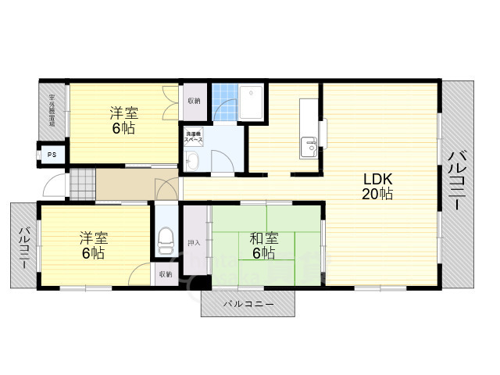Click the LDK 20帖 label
[x=377, y=185]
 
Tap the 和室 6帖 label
[x=262, y=245]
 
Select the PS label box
[x=52, y=155]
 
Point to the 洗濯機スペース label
[x=194, y=138]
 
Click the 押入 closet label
[x=194, y=243]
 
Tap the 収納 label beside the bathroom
[x=194, y=101]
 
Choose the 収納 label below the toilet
[x=165, y=274]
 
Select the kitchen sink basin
[x=309, y=146]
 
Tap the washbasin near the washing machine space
[x=192, y=161]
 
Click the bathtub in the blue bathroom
[x=252, y=101]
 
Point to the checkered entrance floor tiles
[x=81, y=184]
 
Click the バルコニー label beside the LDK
[x=456, y=180]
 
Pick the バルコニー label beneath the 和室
[x=248, y=302]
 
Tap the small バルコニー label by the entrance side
[x=24, y=246]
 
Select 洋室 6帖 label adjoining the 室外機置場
[x=123, y=120]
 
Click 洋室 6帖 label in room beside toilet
[x=92, y=245]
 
